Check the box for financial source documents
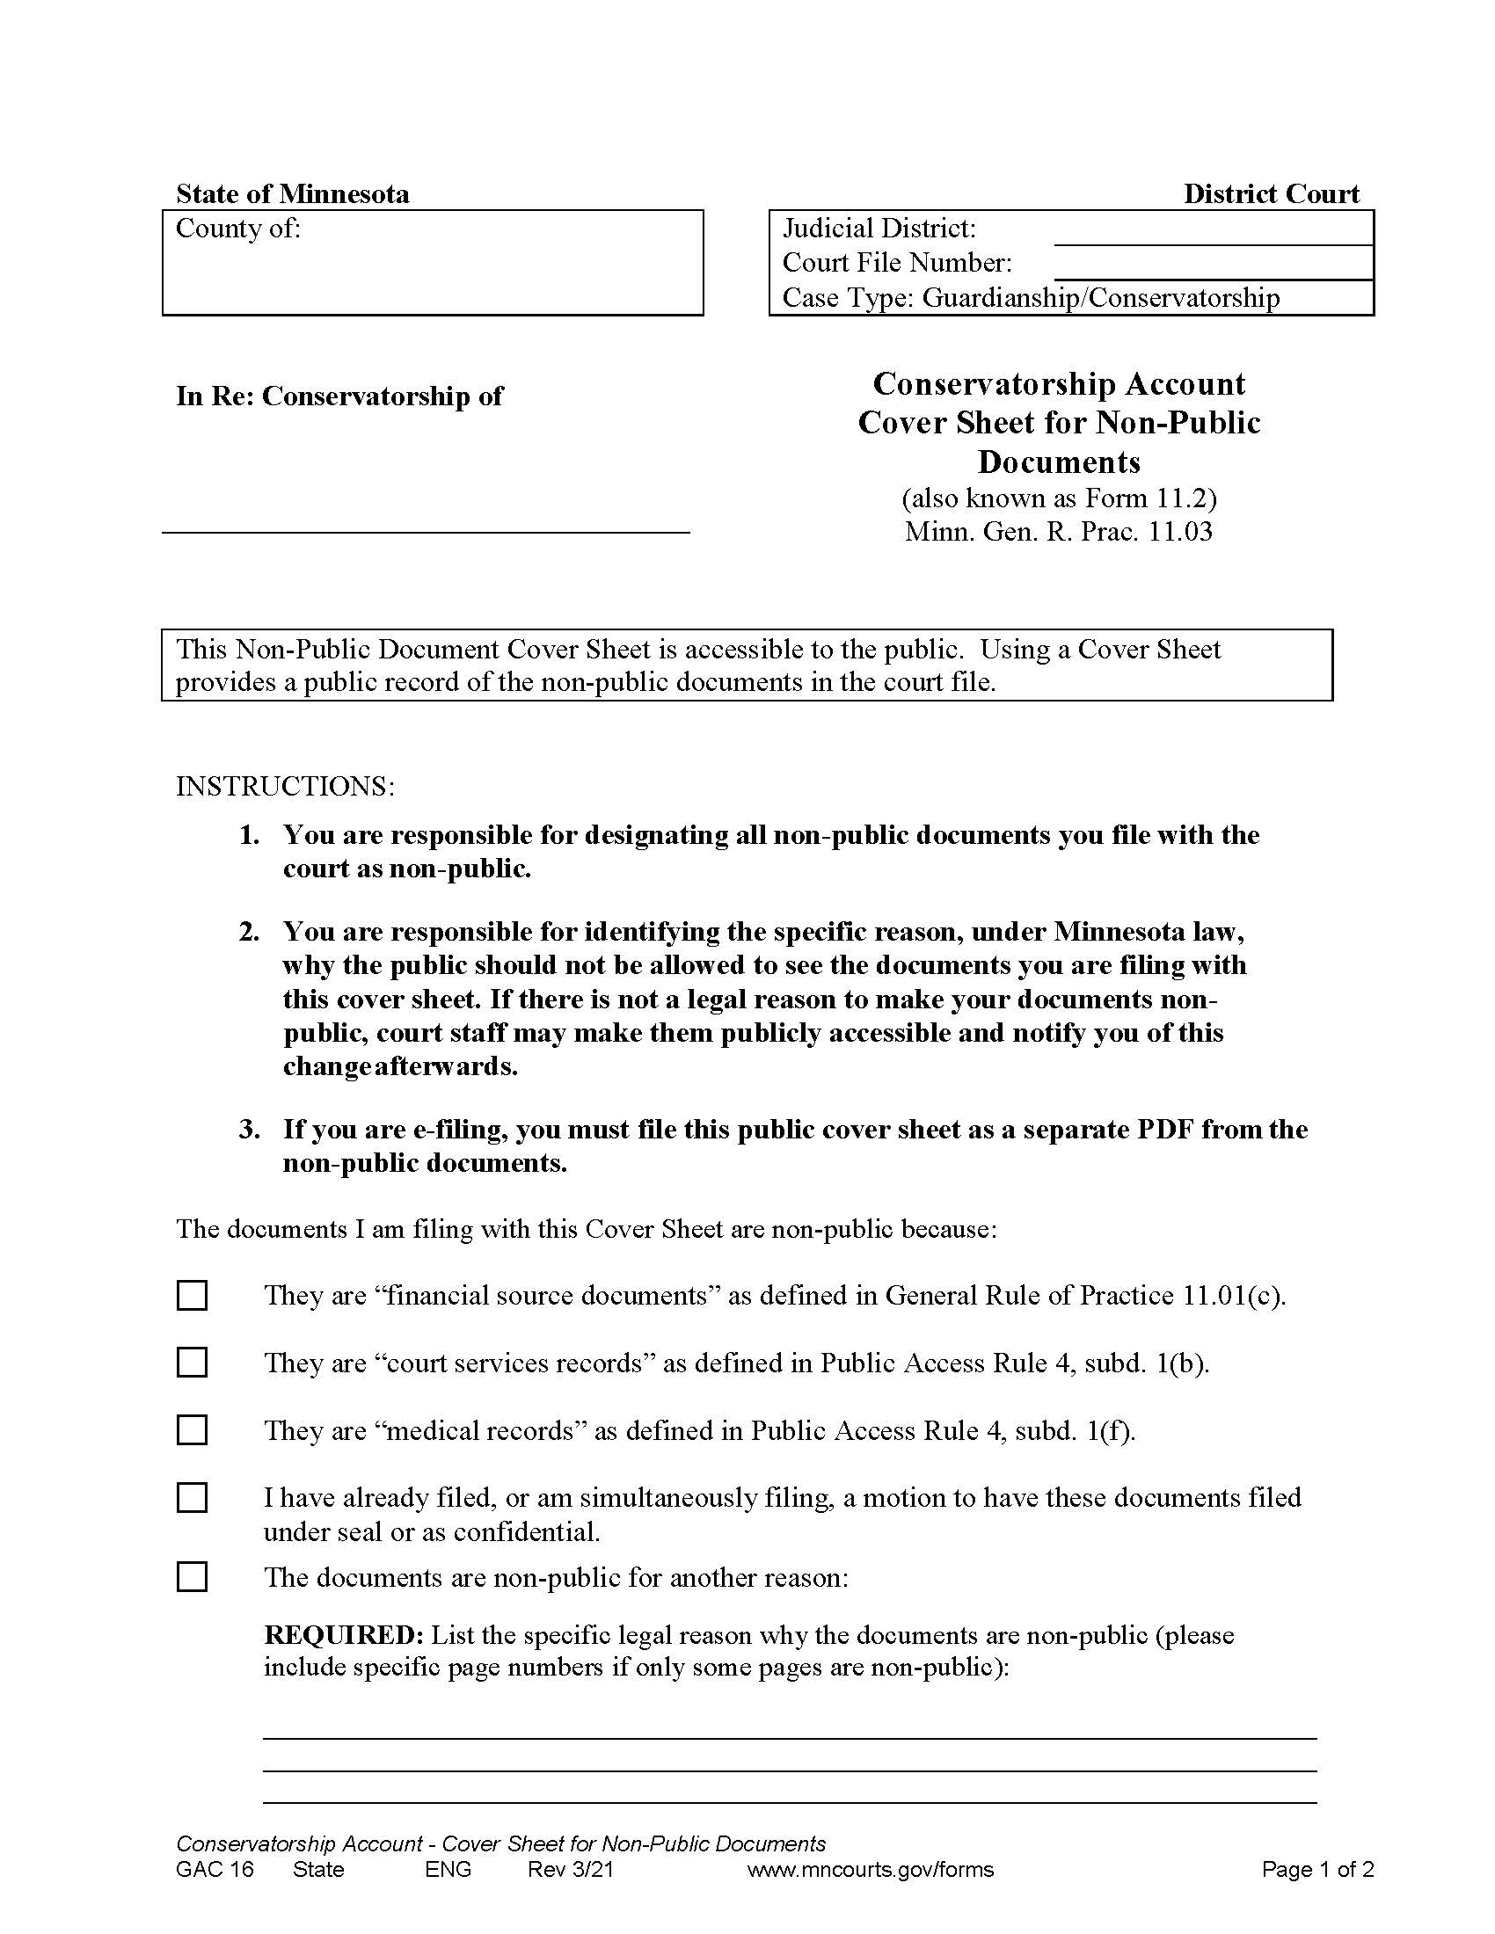click(x=193, y=1296)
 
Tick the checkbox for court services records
click(x=193, y=1363)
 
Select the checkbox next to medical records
click(x=193, y=1430)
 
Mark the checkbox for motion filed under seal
click(x=193, y=1498)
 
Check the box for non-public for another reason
click(x=193, y=1577)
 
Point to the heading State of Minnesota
click(x=292, y=194)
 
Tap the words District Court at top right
click(x=1271, y=194)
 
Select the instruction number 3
click(x=249, y=1130)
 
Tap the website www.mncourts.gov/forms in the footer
click(x=871, y=1869)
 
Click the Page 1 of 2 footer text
click(x=1317, y=1869)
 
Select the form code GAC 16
click(x=215, y=1869)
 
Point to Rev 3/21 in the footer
click(x=571, y=1869)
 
